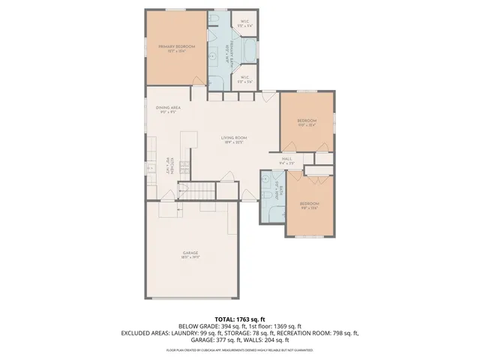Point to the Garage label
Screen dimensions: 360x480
[190, 254]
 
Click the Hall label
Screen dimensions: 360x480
[286, 160]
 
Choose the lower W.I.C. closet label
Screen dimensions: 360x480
[244, 78]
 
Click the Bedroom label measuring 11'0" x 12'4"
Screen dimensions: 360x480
[306, 122]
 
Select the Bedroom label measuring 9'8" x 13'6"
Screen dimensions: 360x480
[310, 205]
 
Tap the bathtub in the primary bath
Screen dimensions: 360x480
[250, 49]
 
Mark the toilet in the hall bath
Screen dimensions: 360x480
[267, 195]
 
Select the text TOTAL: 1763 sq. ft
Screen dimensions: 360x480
[240, 319]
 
